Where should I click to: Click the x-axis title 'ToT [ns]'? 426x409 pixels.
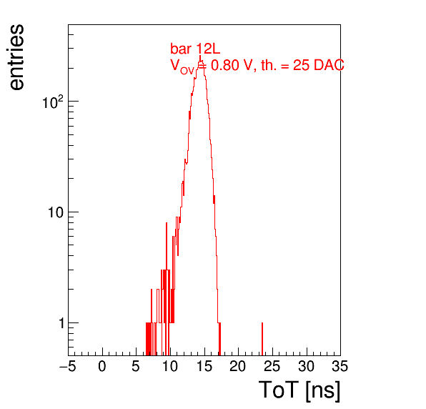(299, 390)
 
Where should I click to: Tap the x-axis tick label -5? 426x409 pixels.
(68, 366)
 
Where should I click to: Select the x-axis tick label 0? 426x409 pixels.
(102, 366)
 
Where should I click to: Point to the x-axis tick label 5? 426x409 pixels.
(136, 366)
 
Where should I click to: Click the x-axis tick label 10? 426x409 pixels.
(170, 366)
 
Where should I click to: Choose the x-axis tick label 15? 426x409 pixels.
(204, 366)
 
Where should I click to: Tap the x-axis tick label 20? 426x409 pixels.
(238, 366)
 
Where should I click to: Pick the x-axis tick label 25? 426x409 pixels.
(272, 366)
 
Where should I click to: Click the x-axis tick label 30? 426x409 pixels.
(306, 366)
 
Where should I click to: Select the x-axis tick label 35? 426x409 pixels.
(340, 366)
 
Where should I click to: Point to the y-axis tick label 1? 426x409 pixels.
(61, 323)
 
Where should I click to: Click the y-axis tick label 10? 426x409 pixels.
(56, 212)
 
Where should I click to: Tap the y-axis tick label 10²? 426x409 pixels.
(53, 102)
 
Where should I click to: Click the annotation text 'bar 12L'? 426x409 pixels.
(195, 49)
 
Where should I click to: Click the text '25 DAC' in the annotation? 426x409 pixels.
(318, 66)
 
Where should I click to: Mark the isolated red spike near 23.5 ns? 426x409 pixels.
(262, 339)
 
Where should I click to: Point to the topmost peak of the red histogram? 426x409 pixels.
(200, 56)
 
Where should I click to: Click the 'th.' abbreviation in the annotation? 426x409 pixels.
(269, 66)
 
